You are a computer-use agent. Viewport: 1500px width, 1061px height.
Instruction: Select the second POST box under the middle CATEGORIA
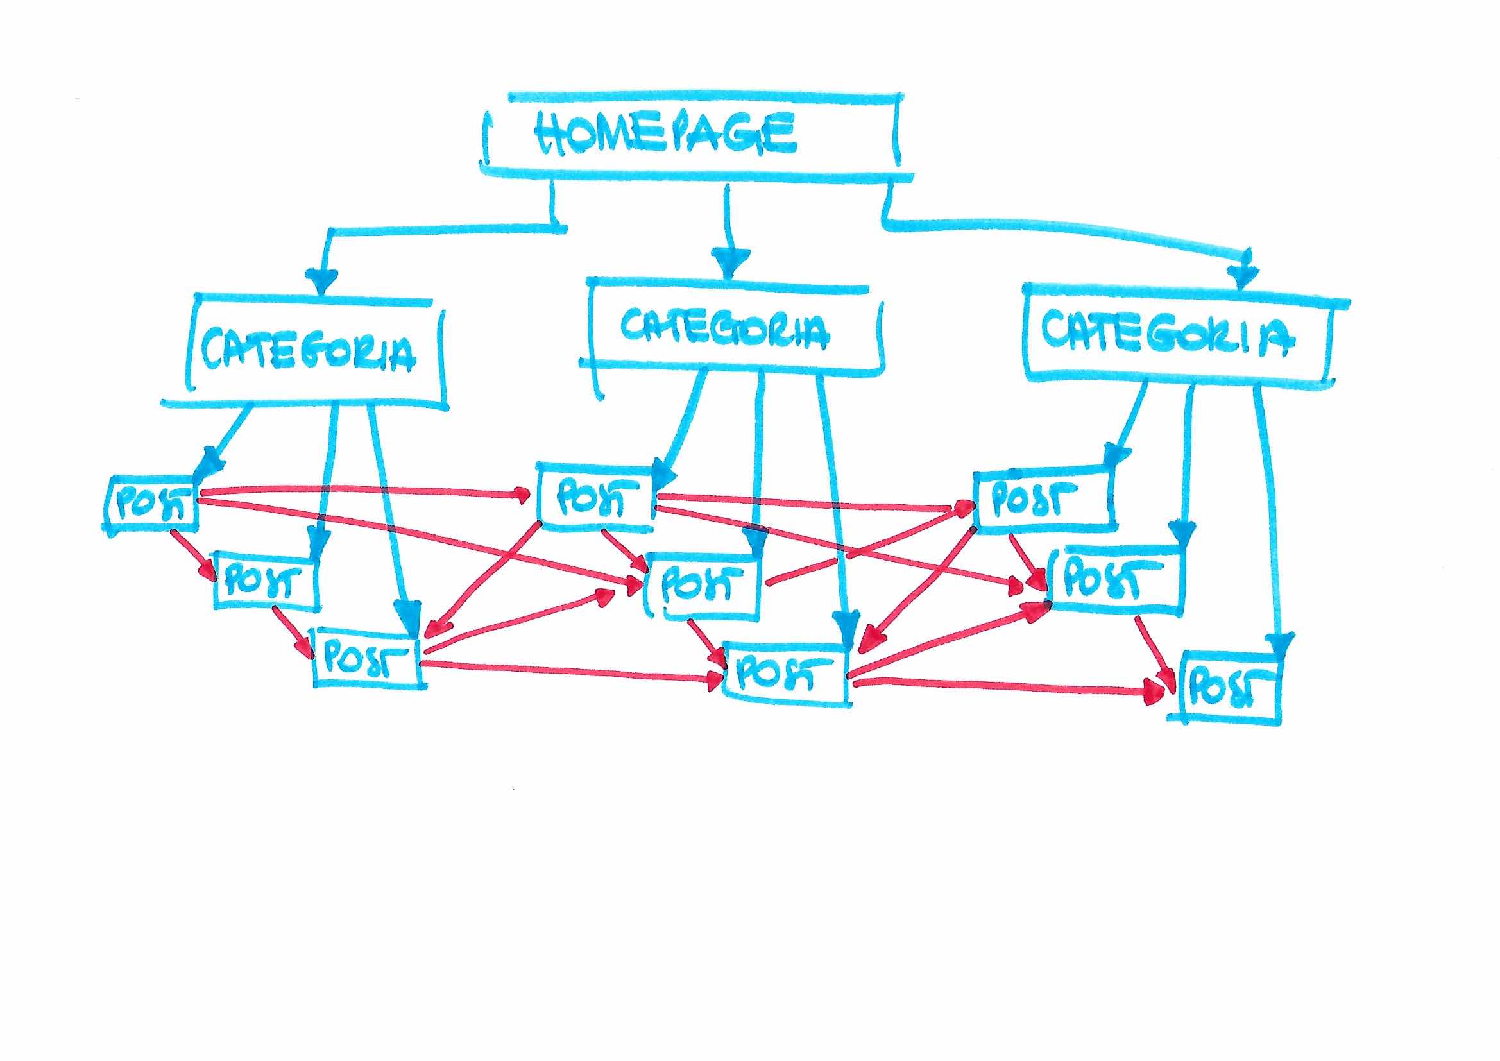pos(703,585)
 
